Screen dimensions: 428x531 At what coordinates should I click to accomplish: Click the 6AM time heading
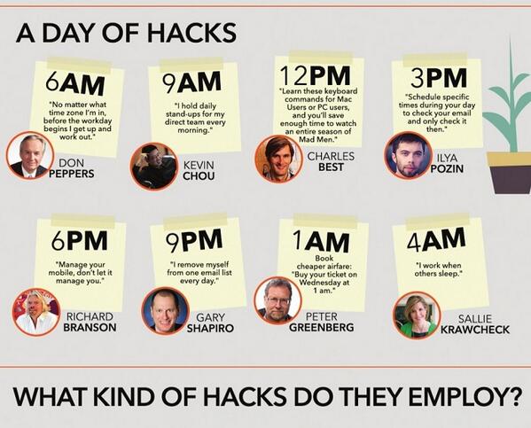click(75, 86)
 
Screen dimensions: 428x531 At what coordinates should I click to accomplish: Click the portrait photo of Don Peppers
click(29, 155)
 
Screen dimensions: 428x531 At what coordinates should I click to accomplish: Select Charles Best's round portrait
click(277, 159)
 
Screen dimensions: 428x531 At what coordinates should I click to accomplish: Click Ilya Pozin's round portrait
click(407, 155)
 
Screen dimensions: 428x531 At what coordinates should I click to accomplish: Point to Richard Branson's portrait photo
click(35, 312)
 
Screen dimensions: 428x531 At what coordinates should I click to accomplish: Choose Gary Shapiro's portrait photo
click(165, 310)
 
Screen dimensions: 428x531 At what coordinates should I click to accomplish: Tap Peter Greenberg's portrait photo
click(277, 300)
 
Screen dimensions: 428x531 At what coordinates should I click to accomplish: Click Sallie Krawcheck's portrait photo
click(416, 315)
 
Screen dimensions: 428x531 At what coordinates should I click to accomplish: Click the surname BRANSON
click(90, 327)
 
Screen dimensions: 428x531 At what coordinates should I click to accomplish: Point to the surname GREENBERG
click(321, 327)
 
